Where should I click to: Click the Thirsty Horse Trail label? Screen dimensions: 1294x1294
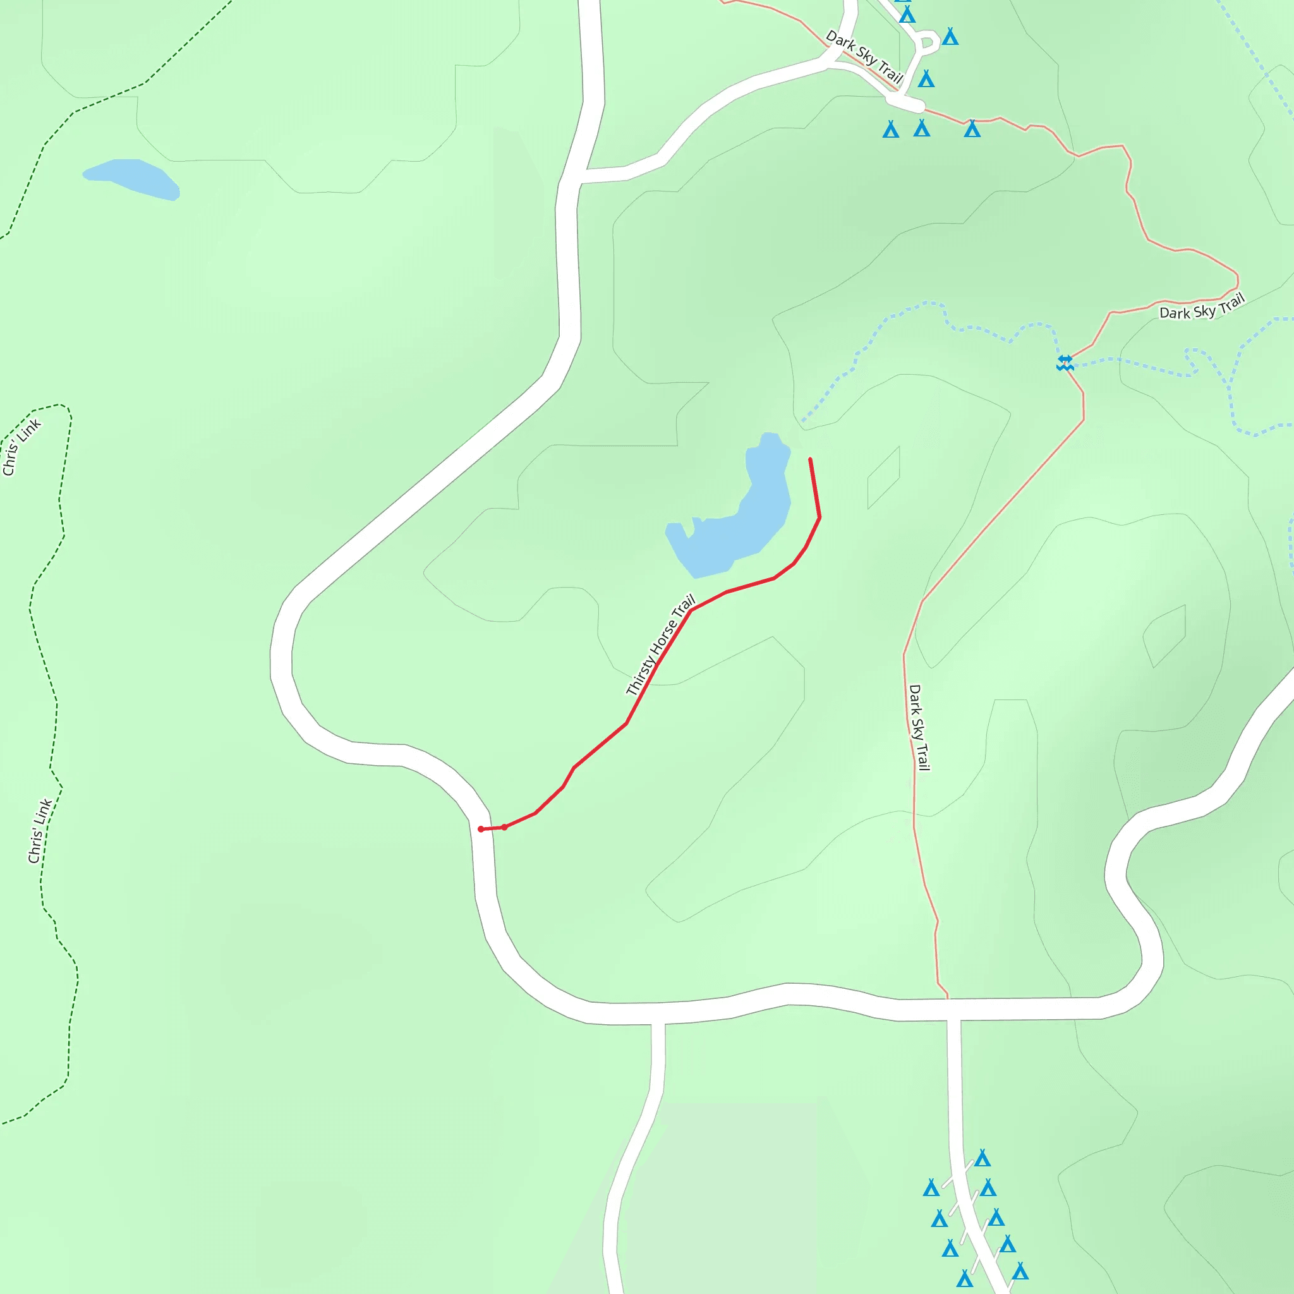point(660,644)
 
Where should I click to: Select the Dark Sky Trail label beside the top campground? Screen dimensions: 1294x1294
point(864,56)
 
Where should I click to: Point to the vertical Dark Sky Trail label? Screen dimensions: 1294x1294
point(919,727)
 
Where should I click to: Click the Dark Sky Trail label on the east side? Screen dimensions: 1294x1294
point(1202,306)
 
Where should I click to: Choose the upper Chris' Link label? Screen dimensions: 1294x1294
point(21,447)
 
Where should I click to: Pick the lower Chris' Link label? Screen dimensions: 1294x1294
point(40,830)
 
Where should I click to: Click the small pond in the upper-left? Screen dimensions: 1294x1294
point(131,178)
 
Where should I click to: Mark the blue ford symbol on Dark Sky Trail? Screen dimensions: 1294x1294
point(1065,363)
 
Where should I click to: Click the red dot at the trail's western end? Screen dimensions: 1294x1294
point(481,829)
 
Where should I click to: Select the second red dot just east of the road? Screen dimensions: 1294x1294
point(504,827)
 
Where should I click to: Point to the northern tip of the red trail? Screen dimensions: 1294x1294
point(811,459)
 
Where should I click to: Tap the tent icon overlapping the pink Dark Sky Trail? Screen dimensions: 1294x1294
point(972,129)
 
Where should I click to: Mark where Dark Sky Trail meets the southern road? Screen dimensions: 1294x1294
point(948,999)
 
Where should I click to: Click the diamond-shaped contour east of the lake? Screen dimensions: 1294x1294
point(883,478)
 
